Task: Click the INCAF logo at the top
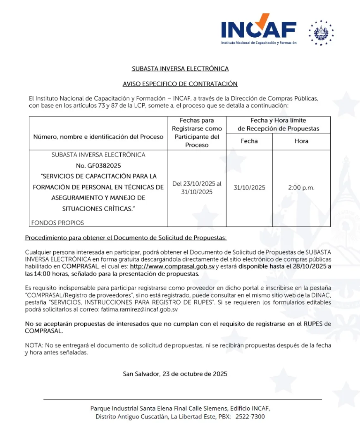(259, 30)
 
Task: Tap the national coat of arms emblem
(321, 33)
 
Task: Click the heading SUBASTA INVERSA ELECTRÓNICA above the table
(180, 69)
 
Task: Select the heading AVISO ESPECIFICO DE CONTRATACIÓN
(180, 84)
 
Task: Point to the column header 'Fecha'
(249, 141)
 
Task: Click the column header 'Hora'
(301, 141)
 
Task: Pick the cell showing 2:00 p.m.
(301, 188)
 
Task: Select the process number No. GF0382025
(98, 166)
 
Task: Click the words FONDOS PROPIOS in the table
(57, 223)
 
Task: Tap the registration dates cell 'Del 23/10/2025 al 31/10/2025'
(197, 188)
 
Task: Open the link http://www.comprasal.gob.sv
(172, 266)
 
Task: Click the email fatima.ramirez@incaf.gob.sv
(139, 309)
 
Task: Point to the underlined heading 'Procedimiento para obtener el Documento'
(126, 238)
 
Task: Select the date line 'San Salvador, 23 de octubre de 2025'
(175, 374)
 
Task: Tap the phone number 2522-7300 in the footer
(251, 416)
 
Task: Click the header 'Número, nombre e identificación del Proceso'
(98, 137)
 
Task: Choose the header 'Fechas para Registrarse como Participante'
(197, 133)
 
